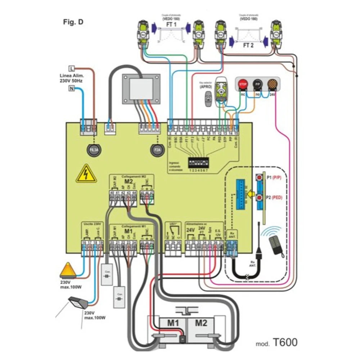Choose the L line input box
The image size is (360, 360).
[x=71, y=68]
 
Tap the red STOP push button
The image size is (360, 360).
[x=242, y=84]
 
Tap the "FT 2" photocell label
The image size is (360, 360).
[x=247, y=45]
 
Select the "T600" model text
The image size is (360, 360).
[x=284, y=342]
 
